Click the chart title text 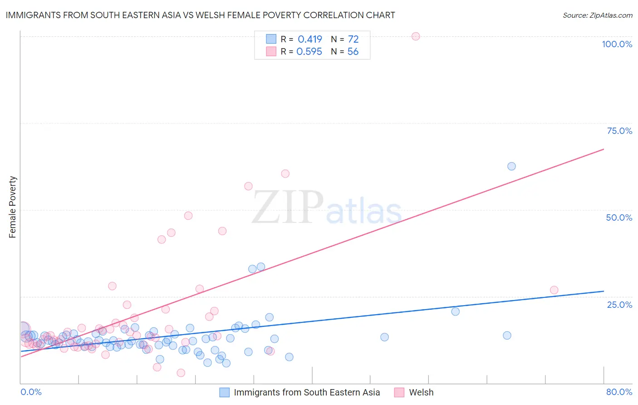pyautogui.click(x=200, y=15)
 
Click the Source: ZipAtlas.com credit pyautogui.click(x=597, y=15)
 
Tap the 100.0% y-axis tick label pyautogui.click(x=617, y=44)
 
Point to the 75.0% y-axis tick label pyautogui.click(x=619, y=131)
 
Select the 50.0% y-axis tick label pyautogui.click(x=619, y=217)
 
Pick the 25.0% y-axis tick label pyautogui.click(x=619, y=304)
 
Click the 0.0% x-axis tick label pyautogui.click(x=31, y=392)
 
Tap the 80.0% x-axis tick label pyautogui.click(x=619, y=392)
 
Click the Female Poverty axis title pyautogui.click(x=13, y=207)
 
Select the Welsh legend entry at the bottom pyautogui.click(x=421, y=392)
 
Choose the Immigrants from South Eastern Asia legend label pyautogui.click(x=307, y=392)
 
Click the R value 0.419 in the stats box pyautogui.click(x=310, y=39)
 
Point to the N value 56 pyautogui.click(x=353, y=52)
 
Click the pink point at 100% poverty pyautogui.click(x=416, y=36)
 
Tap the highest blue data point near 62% pyautogui.click(x=511, y=166)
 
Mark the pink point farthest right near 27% pyautogui.click(x=554, y=290)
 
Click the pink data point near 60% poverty pyautogui.click(x=285, y=173)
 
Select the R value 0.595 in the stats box pyautogui.click(x=309, y=52)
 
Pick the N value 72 pyautogui.click(x=353, y=39)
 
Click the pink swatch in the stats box pyautogui.click(x=271, y=51)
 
